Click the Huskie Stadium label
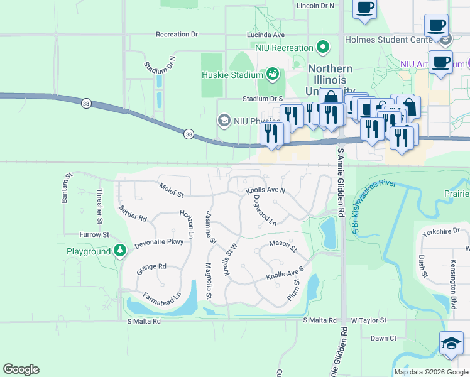click(231, 75)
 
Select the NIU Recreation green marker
click(323, 48)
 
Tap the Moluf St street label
click(171, 187)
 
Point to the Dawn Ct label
click(383, 338)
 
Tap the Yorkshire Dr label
click(437, 231)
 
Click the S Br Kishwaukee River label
click(378, 208)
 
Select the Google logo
click(21, 369)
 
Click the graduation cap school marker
click(451, 343)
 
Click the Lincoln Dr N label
click(315, 6)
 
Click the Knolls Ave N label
click(265, 190)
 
